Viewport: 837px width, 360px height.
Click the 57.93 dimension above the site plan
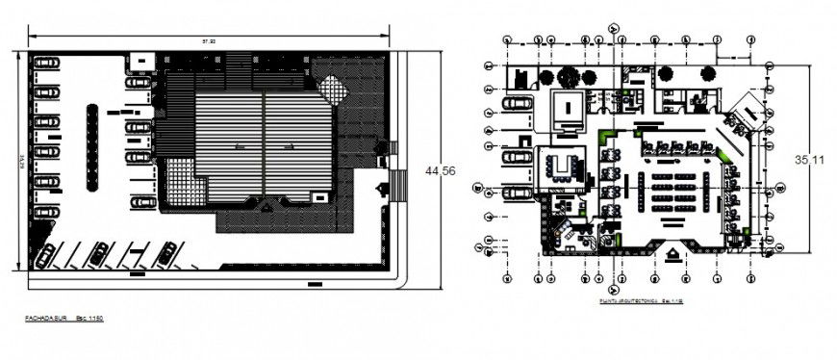208,40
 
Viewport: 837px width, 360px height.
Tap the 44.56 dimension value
440,170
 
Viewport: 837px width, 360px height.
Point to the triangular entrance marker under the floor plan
673,252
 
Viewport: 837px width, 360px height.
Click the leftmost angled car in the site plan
99,253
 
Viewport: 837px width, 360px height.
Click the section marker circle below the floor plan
611,287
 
